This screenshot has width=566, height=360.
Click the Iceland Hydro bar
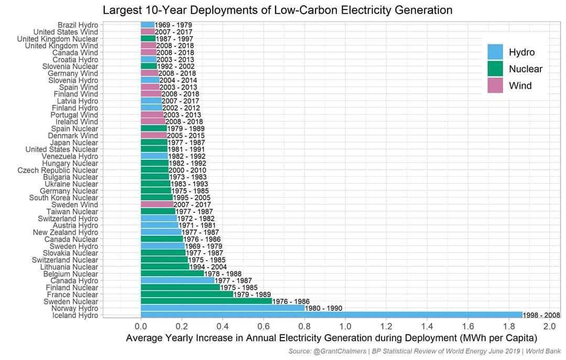coord(331,315)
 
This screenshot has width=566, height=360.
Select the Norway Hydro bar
coord(223,308)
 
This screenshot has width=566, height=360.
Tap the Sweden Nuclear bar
coord(206,301)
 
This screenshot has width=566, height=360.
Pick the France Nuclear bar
coord(187,294)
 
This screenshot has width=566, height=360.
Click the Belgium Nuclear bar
coord(172,274)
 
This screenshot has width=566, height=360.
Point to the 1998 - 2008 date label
coord(541,315)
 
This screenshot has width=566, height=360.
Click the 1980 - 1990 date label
coord(323,308)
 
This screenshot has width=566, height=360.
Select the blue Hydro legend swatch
coord(495,52)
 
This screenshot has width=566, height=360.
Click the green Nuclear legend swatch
coord(495,69)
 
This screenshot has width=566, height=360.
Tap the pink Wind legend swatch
coord(495,85)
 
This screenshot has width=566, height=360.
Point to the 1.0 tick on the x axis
coord(345,327)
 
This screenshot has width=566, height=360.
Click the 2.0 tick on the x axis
coord(549,327)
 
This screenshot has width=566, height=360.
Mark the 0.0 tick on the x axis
coord(141,327)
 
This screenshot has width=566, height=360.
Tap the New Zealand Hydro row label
coord(66,232)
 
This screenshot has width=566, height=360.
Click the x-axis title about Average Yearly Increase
coord(332,339)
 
